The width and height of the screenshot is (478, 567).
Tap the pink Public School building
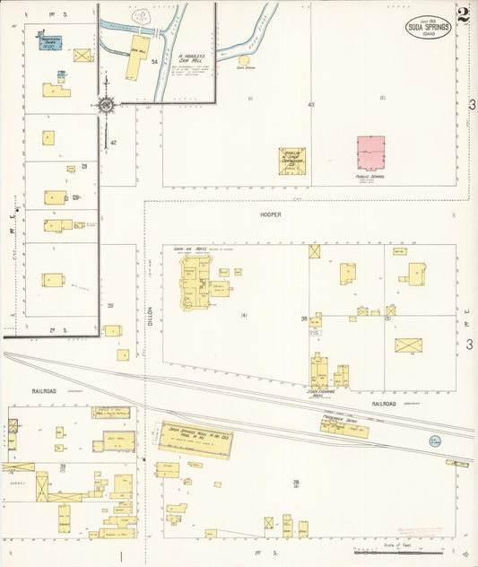[x=370, y=153]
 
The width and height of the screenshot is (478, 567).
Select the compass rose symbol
[x=106, y=105]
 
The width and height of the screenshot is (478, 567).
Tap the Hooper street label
[x=270, y=215]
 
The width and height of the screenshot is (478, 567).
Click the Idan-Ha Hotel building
[x=196, y=286]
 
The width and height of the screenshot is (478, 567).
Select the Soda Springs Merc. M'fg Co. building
[x=196, y=438]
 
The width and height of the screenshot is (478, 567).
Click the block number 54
[x=154, y=61]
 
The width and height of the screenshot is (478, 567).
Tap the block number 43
[x=310, y=105]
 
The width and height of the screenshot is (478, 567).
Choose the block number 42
[x=113, y=143]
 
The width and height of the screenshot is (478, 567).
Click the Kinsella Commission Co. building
[x=291, y=161]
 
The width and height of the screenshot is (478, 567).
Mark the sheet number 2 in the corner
[x=463, y=15]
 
